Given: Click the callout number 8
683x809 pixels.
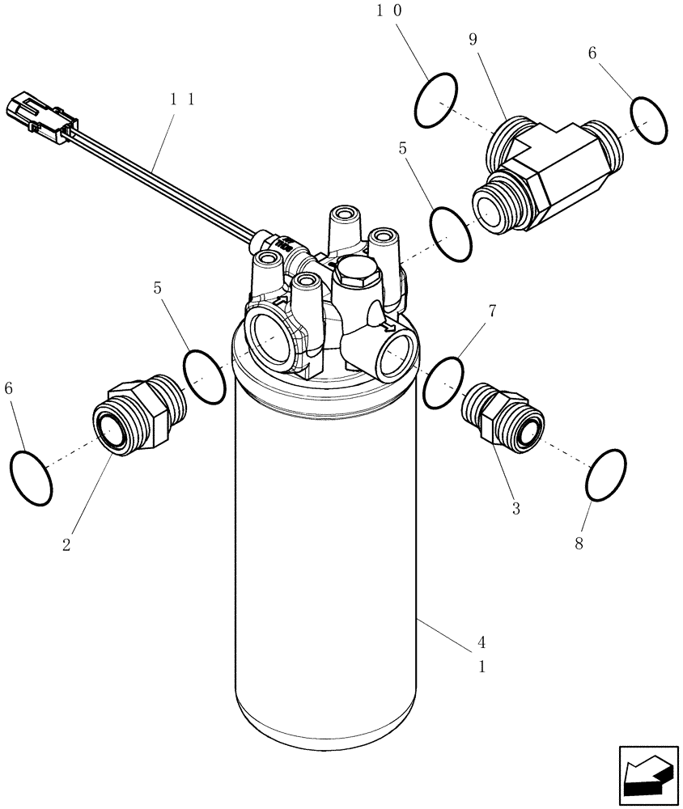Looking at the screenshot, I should (579, 543).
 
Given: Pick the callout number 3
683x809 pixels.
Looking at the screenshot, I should (515, 509).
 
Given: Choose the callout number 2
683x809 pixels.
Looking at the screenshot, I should (66, 544).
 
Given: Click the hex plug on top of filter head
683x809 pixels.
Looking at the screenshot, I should (353, 273).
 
